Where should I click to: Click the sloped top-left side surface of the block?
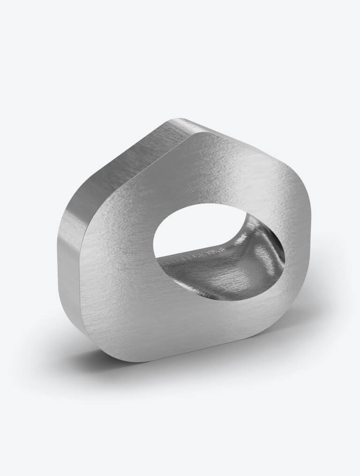tap(127, 159)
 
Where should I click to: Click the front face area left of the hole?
tap(117, 262)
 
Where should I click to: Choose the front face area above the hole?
tap(211, 173)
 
